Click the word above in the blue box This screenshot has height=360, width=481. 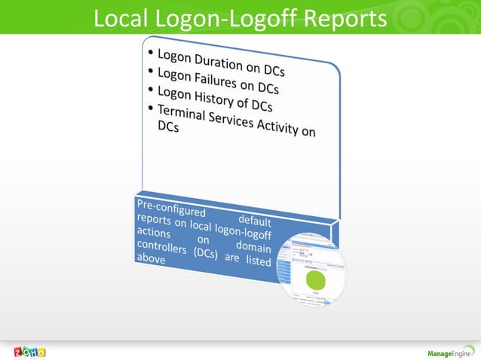(x=149, y=260)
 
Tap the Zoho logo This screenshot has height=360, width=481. (x=29, y=351)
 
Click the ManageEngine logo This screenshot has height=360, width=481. (x=450, y=352)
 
